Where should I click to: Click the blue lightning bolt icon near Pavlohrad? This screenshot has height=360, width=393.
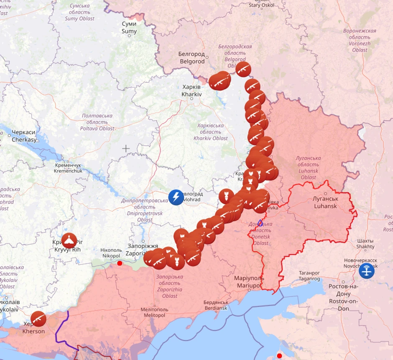[x=176, y=197]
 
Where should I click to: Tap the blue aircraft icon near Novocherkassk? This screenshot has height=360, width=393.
[x=367, y=271]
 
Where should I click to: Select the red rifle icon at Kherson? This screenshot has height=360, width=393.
[x=38, y=319]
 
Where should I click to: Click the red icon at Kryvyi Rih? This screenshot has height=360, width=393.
[x=69, y=241]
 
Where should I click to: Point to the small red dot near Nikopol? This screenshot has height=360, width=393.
[x=120, y=263]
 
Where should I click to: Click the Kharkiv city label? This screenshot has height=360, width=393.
[x=192, y=91]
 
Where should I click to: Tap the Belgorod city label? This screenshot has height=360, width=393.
[x=192, y=58]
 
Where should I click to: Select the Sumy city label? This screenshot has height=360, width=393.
[x=129, y=28]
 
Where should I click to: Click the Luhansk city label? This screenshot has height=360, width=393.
[x=326, y=202]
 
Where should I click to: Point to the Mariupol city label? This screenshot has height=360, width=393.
[x=249, y=282]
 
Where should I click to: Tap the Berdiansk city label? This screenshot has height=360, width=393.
[x=216, y=305]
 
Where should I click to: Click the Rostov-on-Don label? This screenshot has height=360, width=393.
[x=344, y=297]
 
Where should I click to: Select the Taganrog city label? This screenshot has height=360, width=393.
[x=309, y=275]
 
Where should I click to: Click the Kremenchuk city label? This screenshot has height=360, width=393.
[x=69, y=168]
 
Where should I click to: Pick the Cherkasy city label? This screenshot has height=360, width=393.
[x=24, y=136]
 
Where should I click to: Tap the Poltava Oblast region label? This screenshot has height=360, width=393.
[x=98, y=122]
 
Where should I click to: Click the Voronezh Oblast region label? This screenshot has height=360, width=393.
[x=360, y=40]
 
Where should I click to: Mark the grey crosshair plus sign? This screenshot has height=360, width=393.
[x=126, y=148]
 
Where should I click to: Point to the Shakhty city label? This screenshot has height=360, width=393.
[x=365, y=244]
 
